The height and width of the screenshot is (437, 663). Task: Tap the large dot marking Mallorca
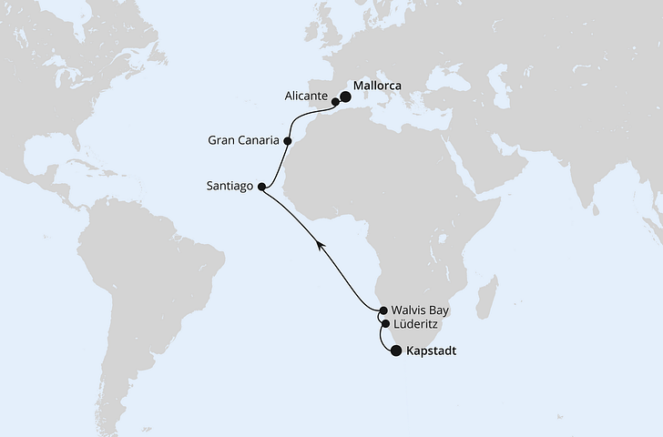(x=346, y=95)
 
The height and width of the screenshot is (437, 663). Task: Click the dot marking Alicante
(x=335, y=102)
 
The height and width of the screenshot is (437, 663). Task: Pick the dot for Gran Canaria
(x=288, y=141)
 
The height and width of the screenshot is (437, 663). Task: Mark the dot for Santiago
(x=262, y=188)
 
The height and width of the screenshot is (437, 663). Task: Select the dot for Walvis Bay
(x=383, y=310)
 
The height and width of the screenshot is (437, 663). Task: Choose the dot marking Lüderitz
(x=385, y=323)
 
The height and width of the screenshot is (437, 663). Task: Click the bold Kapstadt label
(x=433, y=350)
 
